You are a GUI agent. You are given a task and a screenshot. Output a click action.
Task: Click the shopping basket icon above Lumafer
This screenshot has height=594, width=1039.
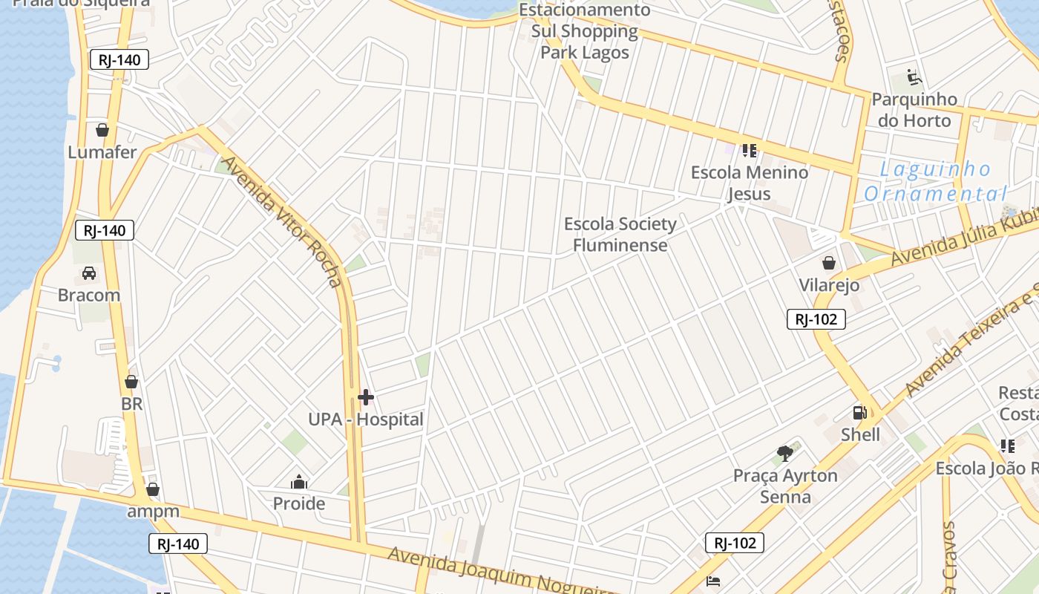102,131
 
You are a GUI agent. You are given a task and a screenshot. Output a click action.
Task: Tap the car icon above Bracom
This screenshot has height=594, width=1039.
89,273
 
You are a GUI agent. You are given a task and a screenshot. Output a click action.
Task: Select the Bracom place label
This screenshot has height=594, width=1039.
89,295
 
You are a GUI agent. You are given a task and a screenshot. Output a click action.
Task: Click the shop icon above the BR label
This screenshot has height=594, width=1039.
131,382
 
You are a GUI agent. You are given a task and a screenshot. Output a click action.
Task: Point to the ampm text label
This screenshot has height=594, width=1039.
153,511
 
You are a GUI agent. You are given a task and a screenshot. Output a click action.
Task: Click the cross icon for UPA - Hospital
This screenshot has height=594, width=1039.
366,397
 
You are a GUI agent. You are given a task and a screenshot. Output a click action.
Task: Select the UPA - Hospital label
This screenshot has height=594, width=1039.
366,420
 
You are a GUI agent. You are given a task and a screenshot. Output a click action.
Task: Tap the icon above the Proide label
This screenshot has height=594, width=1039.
299,483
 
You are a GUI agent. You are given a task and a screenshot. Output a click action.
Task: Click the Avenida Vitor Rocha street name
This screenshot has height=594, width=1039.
283,221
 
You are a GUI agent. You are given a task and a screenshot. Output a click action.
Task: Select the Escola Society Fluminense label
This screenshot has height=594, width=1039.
620,234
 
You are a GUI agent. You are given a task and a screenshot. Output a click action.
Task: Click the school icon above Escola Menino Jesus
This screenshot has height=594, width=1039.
749,151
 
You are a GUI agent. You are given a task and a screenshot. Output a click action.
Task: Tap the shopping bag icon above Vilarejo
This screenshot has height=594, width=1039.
829,263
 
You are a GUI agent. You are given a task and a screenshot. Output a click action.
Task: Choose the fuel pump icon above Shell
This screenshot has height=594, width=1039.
859,413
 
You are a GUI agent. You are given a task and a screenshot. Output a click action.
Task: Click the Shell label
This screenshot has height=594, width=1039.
860,434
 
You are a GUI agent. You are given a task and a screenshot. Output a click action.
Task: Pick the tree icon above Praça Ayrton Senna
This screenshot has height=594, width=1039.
785,453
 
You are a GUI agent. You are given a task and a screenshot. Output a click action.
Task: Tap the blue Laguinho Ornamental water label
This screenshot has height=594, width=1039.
935,181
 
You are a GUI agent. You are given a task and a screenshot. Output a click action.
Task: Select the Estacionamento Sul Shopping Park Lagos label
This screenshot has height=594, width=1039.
585,31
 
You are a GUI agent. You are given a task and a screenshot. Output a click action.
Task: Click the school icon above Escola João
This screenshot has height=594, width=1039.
1007,446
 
